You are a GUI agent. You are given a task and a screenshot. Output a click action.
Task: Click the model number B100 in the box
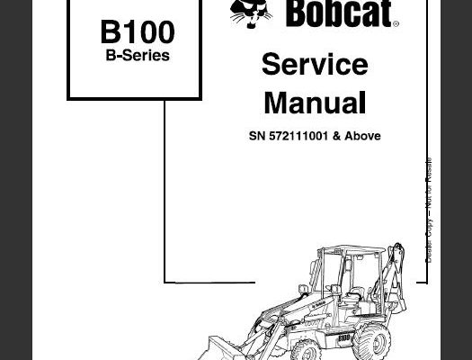point(138,31)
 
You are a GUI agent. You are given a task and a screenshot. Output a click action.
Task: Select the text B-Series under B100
point(138,56)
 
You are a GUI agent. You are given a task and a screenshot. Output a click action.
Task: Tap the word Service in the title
point(315,64)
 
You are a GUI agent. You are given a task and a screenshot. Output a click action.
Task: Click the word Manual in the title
point(315,103)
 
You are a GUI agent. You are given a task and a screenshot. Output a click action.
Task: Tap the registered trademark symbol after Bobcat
point(396,23)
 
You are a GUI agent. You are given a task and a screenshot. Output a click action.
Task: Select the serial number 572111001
point(298,136)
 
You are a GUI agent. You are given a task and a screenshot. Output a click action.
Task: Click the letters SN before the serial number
point(257,136)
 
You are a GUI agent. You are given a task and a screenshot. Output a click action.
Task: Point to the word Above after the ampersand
point(362,136)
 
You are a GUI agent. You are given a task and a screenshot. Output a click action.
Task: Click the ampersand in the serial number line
point(336,136)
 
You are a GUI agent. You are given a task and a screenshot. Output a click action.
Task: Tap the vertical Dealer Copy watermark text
point(429,210)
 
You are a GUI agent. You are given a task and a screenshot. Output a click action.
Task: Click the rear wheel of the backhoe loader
point(372,343)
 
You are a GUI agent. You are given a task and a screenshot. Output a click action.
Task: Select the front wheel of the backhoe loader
point(306,350)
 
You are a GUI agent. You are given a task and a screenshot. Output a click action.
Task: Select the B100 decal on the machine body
point(343,337)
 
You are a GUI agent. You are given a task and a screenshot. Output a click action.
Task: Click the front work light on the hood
point(303,290)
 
